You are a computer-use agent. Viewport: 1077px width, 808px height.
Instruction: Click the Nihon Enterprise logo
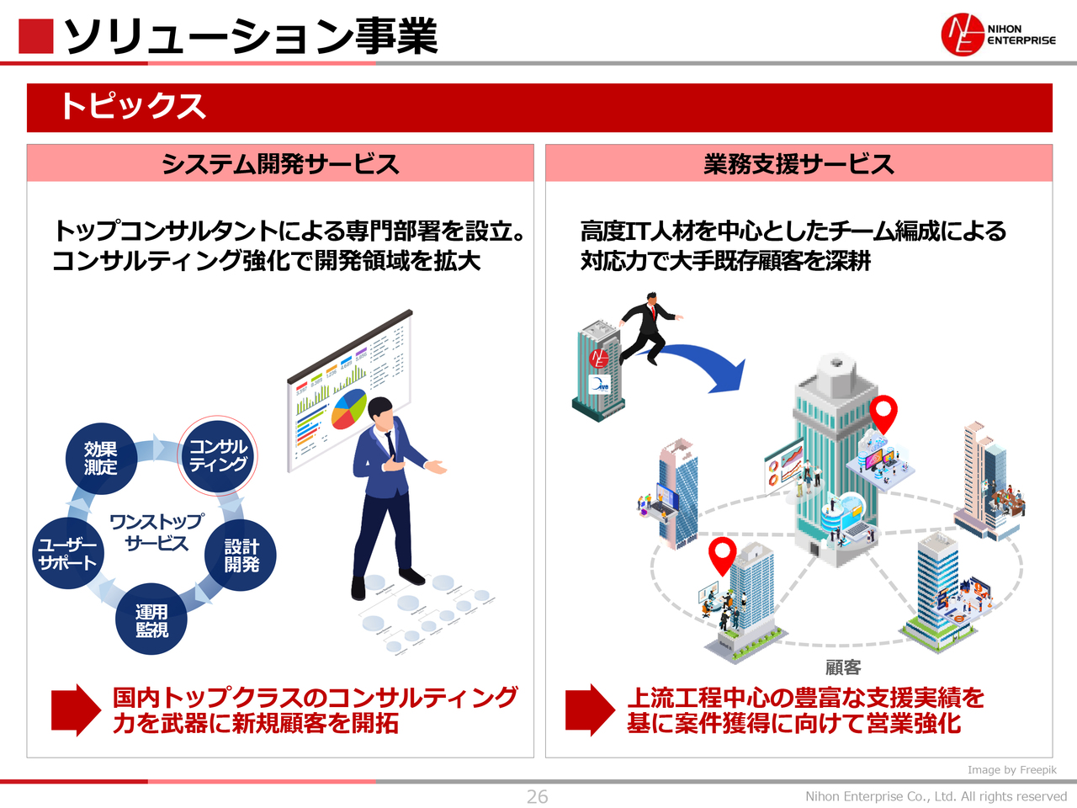tap(997, 35)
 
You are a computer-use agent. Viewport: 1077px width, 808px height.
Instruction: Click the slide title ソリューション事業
tap(251, 36)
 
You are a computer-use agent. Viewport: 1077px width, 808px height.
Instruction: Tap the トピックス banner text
tap(133, 107)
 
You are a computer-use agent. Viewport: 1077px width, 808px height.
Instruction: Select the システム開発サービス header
tap(280, 163)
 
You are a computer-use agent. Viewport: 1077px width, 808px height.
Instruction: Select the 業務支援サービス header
tap(798, 163)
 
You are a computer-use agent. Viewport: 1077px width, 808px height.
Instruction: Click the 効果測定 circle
tap(101, 459)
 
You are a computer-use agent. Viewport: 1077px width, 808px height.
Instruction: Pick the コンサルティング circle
tap(218, 455)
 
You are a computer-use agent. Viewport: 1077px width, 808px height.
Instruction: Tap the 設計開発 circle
tap(241, 555)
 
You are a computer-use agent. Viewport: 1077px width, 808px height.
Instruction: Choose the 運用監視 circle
tap(151, 619)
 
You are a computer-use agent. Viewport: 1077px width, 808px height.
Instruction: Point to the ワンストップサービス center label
tap(157, 532)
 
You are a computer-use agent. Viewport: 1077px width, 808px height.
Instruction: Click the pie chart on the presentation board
tap(349, 408)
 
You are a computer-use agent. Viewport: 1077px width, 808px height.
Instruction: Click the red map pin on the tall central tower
tap(883, 412)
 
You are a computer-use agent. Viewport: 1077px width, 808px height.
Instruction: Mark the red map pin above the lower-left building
tap(722, 555)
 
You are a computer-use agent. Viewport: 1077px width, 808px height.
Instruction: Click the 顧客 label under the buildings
tap(843, 667)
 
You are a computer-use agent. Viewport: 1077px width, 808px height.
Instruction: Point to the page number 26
tap(537, 796)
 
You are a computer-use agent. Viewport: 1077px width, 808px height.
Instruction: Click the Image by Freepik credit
tap(1011, 769)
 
